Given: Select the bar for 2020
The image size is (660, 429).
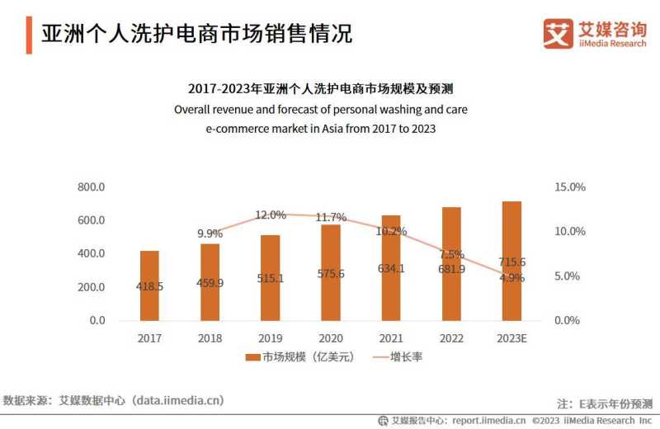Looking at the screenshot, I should [x=330, y=272].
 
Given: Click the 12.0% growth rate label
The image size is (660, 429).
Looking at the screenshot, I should [x=270, y=214].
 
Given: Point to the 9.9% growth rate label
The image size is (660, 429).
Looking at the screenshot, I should [x=210, y=233].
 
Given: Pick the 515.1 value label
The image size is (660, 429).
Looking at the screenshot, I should [x=270, y=279].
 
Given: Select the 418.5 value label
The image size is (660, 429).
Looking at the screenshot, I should [x=149, y=286].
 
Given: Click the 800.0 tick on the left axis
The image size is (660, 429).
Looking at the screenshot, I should [x=91, y=187].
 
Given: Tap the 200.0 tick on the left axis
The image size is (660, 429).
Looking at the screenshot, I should [x=91, y=287].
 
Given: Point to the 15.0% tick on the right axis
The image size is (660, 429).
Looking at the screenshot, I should [x=569, y=187].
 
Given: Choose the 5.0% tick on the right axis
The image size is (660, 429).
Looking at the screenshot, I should [x=569, y=276].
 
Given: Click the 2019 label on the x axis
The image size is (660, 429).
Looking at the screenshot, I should [x=270, y=338].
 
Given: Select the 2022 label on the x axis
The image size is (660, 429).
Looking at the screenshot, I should [x=451, y=338].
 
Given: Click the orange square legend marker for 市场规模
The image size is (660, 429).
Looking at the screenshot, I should [x=252, y=357].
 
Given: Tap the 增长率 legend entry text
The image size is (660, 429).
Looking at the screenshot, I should [x=406, y=357].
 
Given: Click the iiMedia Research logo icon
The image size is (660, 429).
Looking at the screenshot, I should [x=558, y=33].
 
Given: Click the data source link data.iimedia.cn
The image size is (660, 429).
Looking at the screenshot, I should [x=178, y=401].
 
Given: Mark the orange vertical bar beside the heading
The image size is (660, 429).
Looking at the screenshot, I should [x=29, y=33].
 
